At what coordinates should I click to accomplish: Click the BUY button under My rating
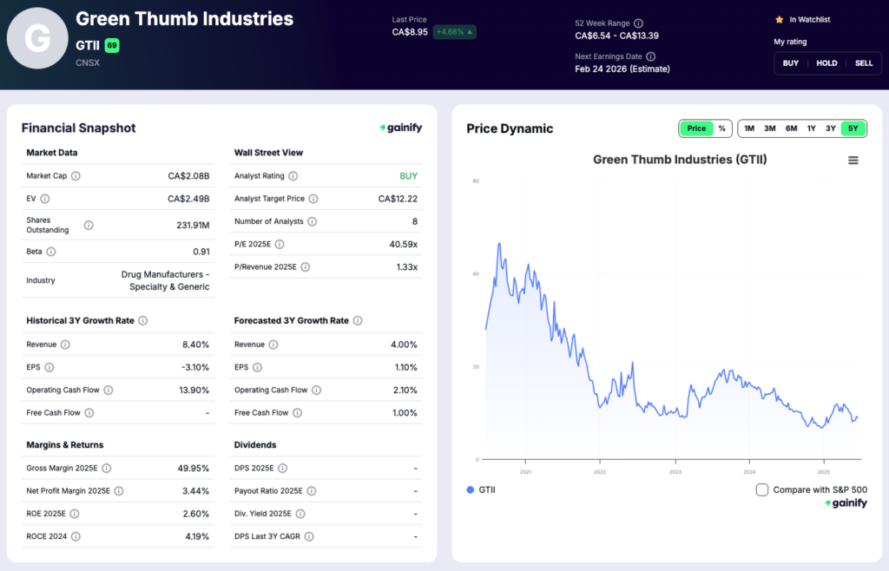click(x=790, y=63)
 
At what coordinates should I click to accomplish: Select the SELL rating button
click(x=864, y=63)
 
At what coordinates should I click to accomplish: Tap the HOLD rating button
click(x=826, y=63)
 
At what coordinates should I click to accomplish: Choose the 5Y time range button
click(x=853, y=128)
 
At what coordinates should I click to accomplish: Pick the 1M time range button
click(x=749, y=128)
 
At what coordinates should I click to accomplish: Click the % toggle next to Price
click(x=721, y=128)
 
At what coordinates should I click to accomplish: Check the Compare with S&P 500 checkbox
click(x=762, y=489)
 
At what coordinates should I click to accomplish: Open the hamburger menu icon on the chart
click(x=853, y=161)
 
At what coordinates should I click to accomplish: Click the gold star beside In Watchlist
click(x=779, y=19)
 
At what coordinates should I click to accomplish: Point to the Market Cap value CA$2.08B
click(x=188, y=176)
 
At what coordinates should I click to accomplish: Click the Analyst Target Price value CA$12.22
click(x=398, y=199)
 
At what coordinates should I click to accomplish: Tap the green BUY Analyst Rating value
click(x=408, y=176)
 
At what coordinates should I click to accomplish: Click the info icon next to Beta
click(x=51, y=252)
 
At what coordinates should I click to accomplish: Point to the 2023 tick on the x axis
click(x=675, y=472)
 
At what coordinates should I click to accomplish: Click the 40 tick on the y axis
click(x=476, y=274)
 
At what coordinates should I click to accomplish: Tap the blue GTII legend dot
click(x=471, y=489)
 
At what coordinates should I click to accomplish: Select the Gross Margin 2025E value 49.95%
click(x=191, y=469)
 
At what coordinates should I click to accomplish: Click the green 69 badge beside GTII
click(x=112, y=45)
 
